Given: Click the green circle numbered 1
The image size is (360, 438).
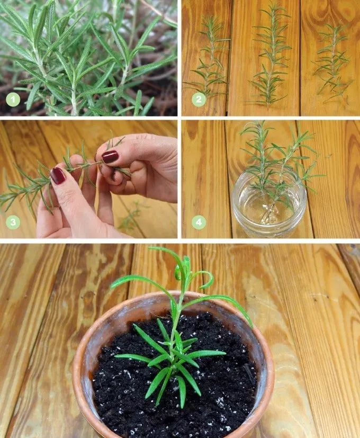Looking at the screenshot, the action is tap(13, 100).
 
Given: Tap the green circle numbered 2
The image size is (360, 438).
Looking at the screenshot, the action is tap(199, 100).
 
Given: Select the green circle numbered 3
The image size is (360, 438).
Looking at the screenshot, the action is tap(13, 222).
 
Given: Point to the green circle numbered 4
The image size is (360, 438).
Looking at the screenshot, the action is tap(199, 222).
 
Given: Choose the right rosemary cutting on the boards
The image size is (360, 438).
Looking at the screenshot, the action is tap(332, 61).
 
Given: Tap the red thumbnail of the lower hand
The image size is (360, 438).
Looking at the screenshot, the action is tap(58, 176).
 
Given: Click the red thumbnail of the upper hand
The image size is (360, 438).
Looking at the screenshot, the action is tap(110, 156).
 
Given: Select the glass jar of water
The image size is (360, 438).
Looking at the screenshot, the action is tap(269, 204).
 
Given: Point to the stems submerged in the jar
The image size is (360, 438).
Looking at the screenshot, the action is tap(269, 212).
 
